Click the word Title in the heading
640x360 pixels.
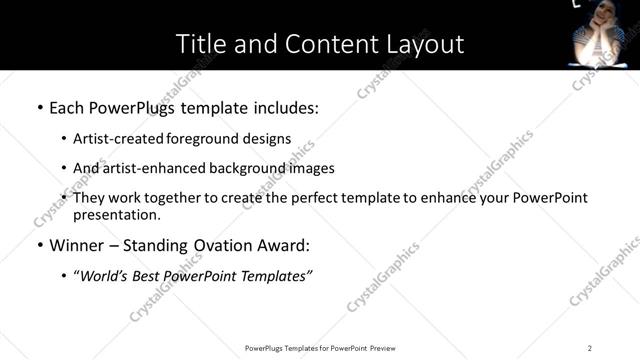point(199,44)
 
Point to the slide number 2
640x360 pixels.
point(590,348)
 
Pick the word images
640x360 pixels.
point(311,168)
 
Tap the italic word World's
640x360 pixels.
point(107,275)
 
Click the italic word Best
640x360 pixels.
point(151,275)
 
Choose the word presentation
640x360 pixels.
point(115,215)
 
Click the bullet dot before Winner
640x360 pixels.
point(39,245)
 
